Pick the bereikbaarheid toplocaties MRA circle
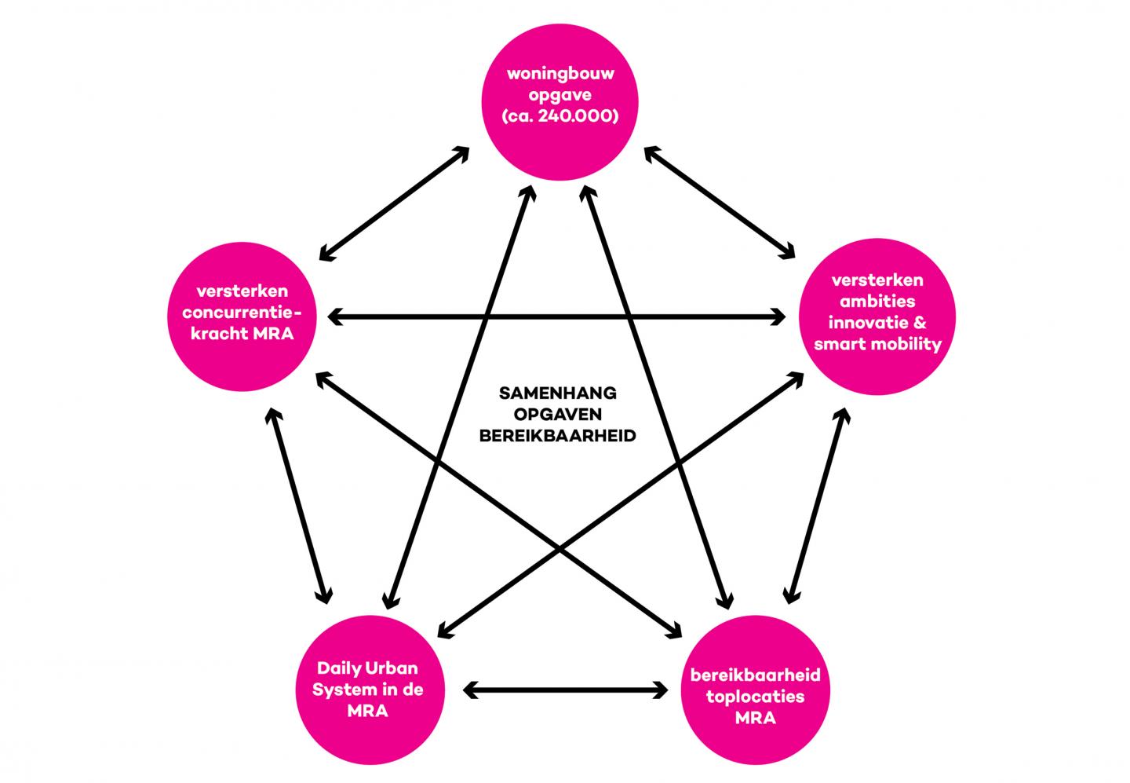pos(755,695)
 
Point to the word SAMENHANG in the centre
pos(558,393)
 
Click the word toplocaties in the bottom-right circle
pos(755,696)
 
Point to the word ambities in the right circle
pos(877,301)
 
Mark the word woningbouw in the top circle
pos(560,75)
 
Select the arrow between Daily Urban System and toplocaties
pos(565,690)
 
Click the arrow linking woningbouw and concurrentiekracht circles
pos(395,203)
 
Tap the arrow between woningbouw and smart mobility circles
pos(718,201)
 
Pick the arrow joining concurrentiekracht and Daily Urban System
pos(298,504)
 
